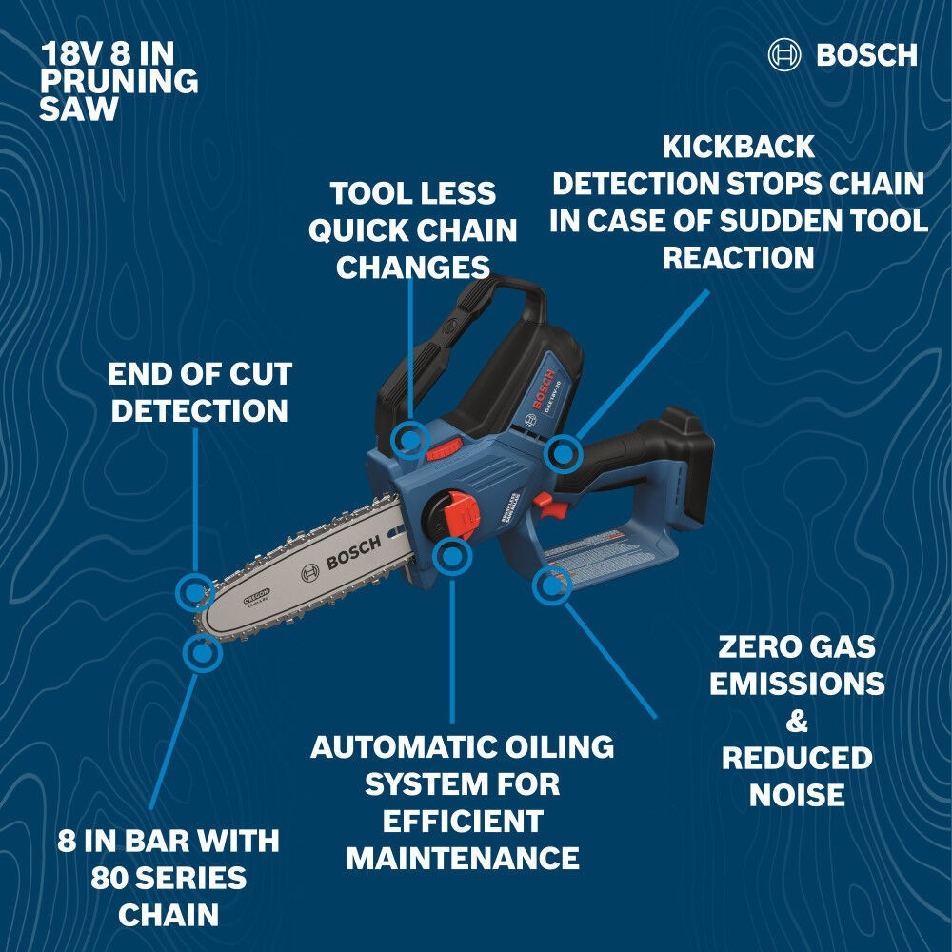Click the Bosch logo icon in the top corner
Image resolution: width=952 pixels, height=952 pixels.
tap(785, 54)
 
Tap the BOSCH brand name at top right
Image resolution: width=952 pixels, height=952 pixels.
tap(866, 55)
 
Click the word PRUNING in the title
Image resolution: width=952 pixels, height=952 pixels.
tap(118, 81)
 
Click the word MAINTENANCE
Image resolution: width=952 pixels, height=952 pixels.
tap(463, 858)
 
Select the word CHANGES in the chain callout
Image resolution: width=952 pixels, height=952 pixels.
tap(412, 267)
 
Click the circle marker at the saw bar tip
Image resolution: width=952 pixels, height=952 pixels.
tap(195, 592)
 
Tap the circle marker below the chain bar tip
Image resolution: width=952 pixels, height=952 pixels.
tap(202, 653)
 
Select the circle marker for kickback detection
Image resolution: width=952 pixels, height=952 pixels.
tap(564, 454)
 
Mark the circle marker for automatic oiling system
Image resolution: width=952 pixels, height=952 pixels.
tap(452, 556)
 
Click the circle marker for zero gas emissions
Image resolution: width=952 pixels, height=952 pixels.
tap(551, 585)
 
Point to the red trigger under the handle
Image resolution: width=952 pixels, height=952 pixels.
tap(543, 502)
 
